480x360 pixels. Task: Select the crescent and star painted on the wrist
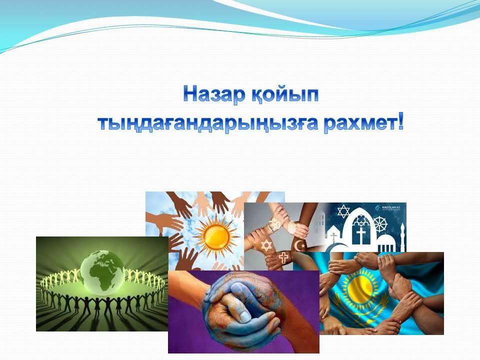tap(299, 245)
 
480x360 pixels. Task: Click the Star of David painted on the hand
tap(266, 245)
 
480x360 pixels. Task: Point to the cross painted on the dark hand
tap(283, 257)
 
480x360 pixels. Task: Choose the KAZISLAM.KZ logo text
tap(391, 208)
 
